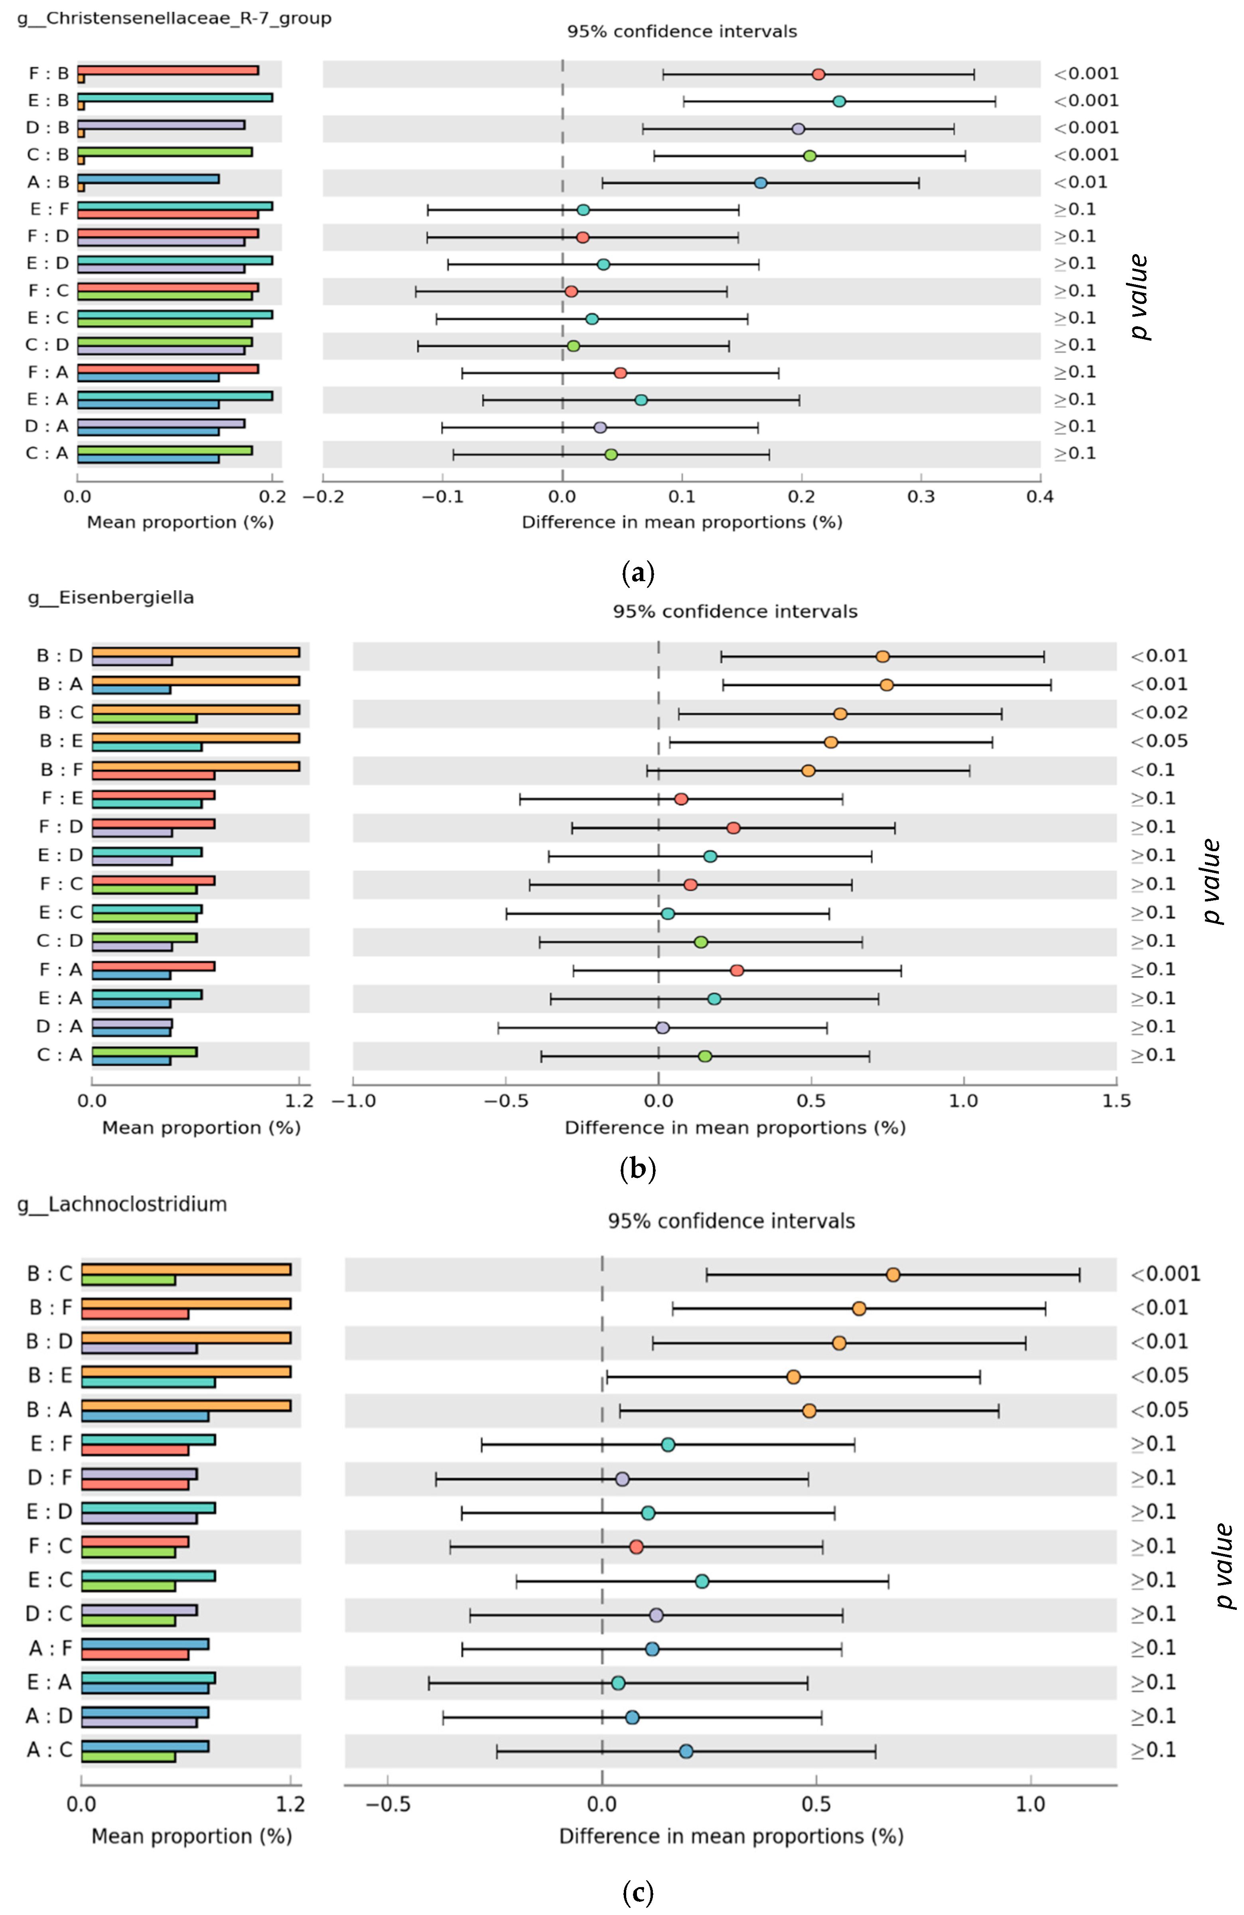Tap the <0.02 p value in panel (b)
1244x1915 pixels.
tap(1159, 713)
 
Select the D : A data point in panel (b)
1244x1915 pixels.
tap(662, 1028)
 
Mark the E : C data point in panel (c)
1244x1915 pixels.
tap(702, 1581)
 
